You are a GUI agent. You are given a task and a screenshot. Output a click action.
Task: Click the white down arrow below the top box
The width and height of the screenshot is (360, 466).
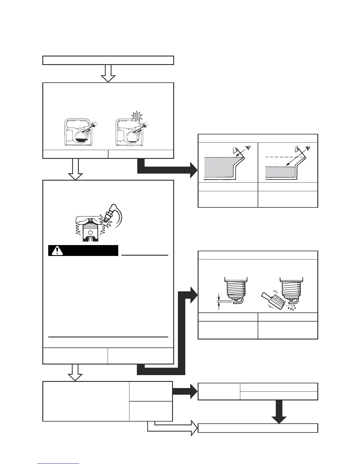(108, 73)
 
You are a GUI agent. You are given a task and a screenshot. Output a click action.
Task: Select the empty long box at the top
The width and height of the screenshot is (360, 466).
(108, 60)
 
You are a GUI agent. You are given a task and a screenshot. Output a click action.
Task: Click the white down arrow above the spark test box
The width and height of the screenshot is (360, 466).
(75, 169)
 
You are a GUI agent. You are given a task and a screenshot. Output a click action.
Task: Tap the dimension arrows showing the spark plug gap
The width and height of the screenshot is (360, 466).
(219, 301)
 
